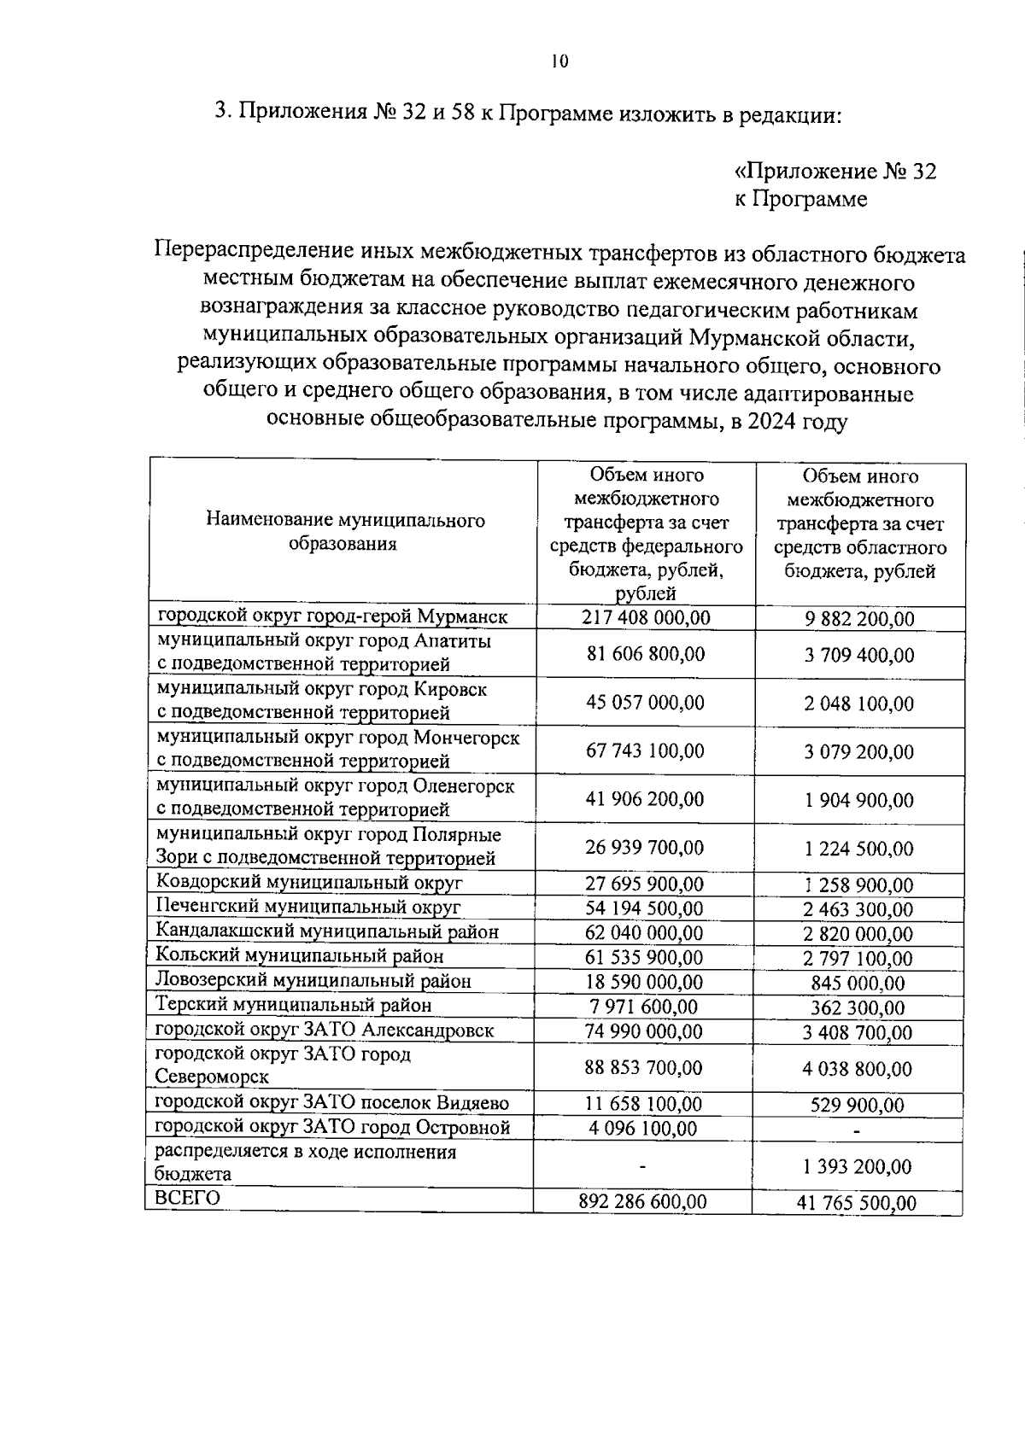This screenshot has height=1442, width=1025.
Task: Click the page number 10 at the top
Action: tap(559, 61)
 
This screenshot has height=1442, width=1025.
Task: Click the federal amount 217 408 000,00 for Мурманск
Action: tap(646, 617)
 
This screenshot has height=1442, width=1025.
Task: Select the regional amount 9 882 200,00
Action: tap(858, 618)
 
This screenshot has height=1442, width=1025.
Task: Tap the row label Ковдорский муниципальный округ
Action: tap(308, 883)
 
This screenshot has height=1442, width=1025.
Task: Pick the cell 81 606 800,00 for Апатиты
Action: tap(646, 654)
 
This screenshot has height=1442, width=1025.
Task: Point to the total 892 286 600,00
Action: tap(642, 1201)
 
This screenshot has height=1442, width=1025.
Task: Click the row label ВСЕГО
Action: tap(187, 1199)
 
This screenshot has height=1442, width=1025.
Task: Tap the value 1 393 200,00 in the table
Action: tap(857, 1166)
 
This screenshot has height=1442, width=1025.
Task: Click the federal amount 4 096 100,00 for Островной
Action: tap(642, 1129)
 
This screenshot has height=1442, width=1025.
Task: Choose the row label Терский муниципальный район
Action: tap(293, 1006)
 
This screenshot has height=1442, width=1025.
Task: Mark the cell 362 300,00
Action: tap(857, 1008)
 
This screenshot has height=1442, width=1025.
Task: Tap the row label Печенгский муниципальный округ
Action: tap(307, 907)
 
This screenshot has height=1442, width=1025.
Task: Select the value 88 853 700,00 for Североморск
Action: tap(644, 1067)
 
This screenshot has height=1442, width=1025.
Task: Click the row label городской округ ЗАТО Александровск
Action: tap(324, 1030)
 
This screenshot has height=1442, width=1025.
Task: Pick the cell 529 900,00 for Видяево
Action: tap(857, 1106)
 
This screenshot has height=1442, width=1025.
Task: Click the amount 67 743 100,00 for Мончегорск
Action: tap(645, 750)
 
